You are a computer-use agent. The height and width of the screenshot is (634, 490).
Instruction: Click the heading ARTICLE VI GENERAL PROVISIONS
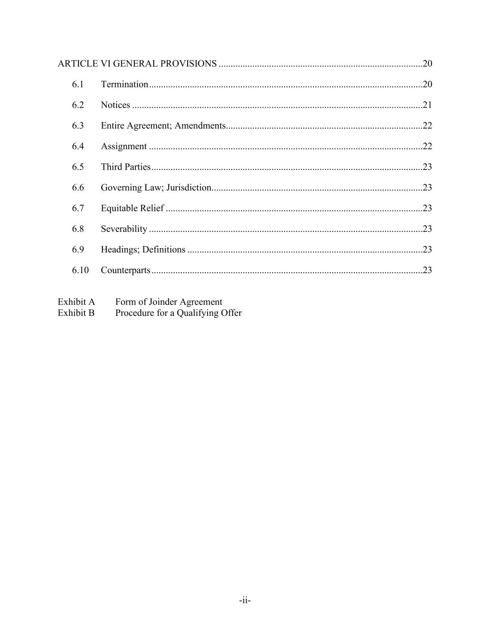[137, 64]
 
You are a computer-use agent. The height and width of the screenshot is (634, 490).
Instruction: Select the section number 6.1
[78, 85]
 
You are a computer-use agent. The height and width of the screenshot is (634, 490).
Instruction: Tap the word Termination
[124, 85]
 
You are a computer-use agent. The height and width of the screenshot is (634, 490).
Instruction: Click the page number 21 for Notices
[427, 105]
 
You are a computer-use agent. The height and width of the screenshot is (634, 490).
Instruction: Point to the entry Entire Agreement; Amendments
[163, 126]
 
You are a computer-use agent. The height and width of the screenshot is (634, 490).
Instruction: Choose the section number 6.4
[78, 146]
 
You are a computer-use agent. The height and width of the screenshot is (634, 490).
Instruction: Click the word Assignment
[124, 146]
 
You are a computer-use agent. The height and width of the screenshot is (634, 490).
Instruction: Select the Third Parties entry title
[126, 167]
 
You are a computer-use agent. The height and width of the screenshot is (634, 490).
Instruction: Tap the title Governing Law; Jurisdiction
[156, 188]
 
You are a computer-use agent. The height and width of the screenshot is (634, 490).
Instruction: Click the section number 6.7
[78, 209]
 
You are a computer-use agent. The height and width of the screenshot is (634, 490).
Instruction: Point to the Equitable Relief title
[132, 209]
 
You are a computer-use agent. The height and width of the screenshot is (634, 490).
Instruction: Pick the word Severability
[124, 229]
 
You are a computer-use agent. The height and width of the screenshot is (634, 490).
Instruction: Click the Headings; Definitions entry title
[143, 250]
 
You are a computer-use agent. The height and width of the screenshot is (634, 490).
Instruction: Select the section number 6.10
[80, 270]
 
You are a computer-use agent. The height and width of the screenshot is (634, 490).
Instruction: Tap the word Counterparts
[125, 270]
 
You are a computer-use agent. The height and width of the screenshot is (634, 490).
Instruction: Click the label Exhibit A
[76, 302]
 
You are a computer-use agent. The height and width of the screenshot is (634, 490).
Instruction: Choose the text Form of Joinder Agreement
[169, 302]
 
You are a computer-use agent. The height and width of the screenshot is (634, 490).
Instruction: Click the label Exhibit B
[76, 313]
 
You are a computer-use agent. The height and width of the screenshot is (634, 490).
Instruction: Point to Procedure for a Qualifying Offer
[178, 313]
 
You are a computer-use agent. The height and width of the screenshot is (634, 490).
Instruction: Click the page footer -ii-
[245, 601]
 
